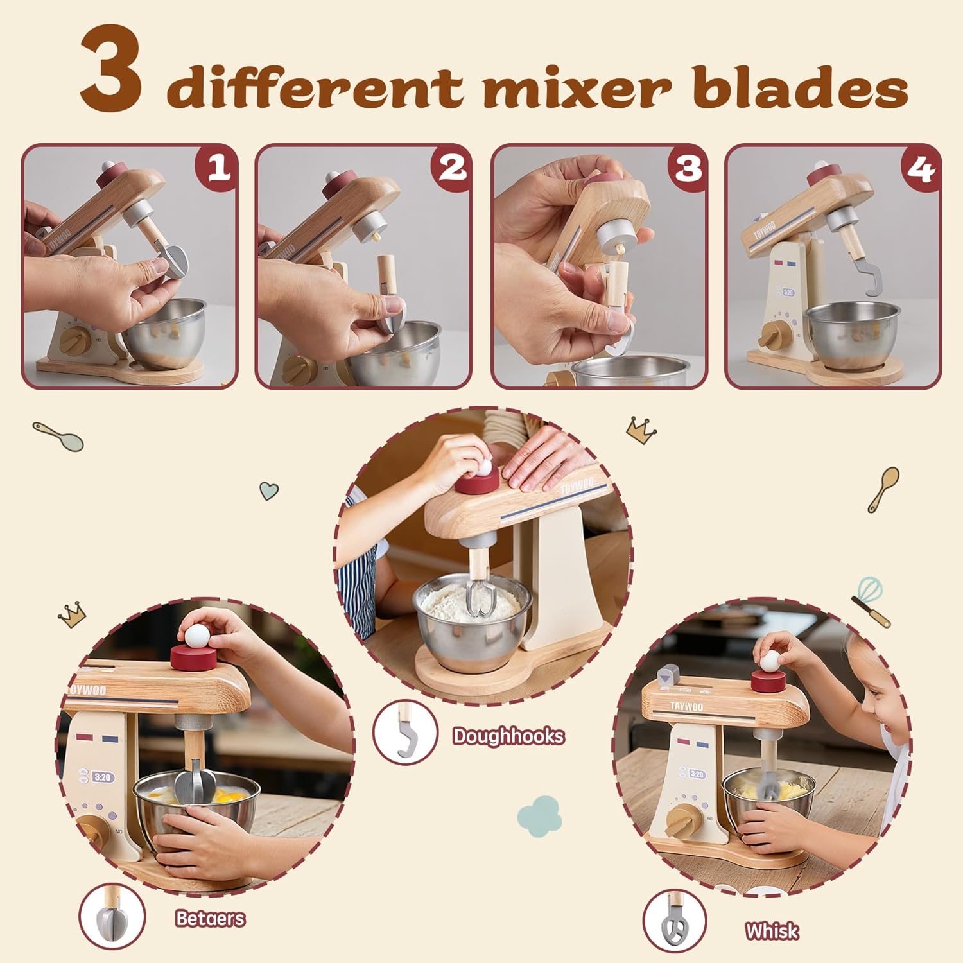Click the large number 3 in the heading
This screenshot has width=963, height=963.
111,70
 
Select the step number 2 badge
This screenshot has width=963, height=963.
452,168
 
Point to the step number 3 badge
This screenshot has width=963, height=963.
688,168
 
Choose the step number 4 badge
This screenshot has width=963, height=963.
921,168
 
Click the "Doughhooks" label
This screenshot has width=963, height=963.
508,736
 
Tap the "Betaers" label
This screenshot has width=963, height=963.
211,919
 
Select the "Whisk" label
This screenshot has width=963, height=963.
772,931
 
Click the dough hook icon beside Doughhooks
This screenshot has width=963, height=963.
406,733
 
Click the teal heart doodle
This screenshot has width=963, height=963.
269,491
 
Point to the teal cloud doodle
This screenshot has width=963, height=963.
539,815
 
